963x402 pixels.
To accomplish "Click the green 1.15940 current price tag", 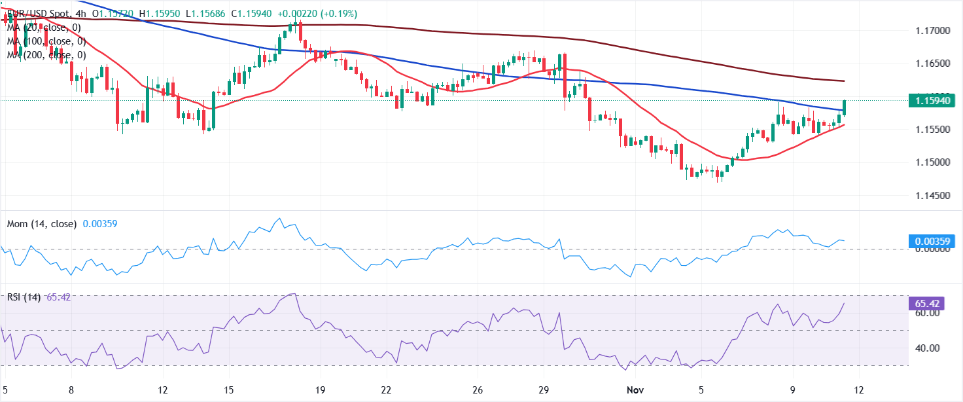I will (932, 101).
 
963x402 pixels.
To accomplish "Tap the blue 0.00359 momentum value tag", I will (932, 242).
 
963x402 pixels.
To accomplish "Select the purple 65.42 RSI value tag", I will (932, 304).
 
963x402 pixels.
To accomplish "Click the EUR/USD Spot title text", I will (39, 14).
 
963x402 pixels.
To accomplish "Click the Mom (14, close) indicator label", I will (43, 224).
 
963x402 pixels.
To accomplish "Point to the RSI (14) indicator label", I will (24, 297).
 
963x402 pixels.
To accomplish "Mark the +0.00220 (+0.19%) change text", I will (319, 14).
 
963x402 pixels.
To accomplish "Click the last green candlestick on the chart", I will (845, 108).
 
